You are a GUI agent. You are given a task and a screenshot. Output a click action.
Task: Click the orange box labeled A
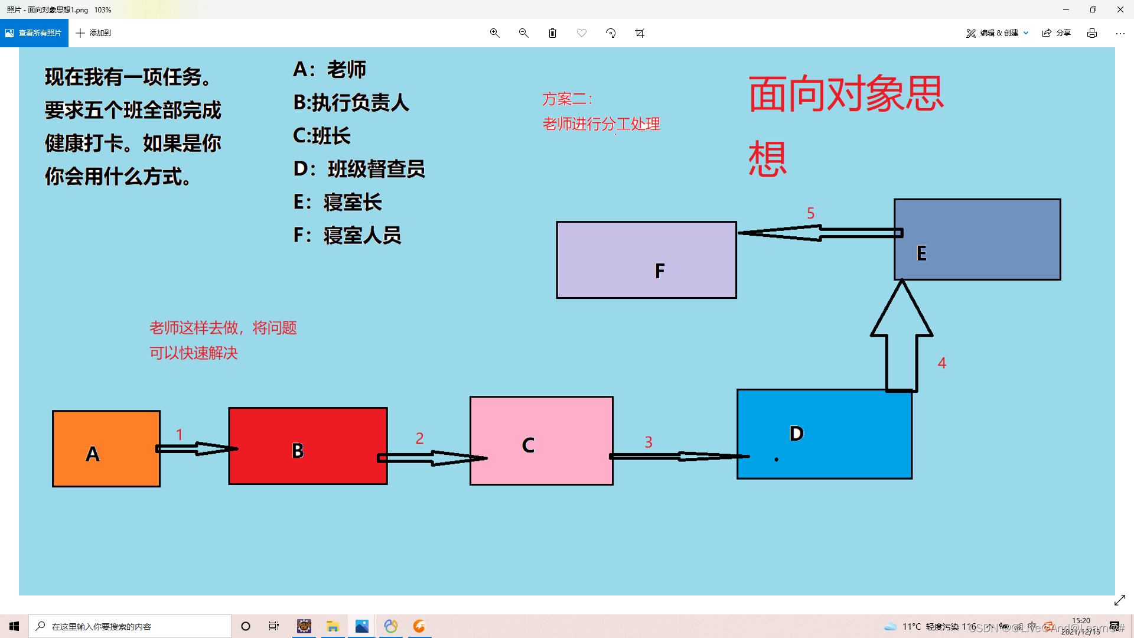pos(106,448)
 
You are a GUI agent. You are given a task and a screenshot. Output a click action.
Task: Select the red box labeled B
pos(308,445)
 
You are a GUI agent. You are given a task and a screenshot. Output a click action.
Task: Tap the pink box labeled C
pos(541,441)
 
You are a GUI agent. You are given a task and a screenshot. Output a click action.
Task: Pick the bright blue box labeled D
pos(824,434)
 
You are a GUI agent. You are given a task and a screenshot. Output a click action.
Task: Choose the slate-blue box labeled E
pos(977,239)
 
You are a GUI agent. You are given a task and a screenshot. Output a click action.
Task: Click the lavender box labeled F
pos(646,260)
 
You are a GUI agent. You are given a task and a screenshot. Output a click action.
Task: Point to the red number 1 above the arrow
pos(180,435)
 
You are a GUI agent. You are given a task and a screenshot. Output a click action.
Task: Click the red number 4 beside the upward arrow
pos(942,363)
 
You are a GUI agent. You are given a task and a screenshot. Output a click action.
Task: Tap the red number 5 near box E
pos(810,213)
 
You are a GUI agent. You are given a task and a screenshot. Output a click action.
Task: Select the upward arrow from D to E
pos(901,337)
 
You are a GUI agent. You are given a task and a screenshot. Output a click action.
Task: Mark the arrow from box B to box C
pos(431,458)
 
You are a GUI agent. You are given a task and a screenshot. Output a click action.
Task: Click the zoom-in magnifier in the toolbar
pos(494,33)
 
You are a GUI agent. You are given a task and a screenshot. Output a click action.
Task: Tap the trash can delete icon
pos(552,33)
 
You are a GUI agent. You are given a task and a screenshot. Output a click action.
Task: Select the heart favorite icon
pos(582,33)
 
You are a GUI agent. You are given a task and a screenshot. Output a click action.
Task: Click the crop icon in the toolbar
pos(640,33)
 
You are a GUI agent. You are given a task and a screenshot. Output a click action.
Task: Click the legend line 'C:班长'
pos(322,136)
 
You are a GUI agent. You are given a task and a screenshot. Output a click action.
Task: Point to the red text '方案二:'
pos(567,99)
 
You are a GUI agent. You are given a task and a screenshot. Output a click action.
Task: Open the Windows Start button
pos(14,626)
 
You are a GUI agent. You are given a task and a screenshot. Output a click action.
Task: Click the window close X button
pos(1120,9)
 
